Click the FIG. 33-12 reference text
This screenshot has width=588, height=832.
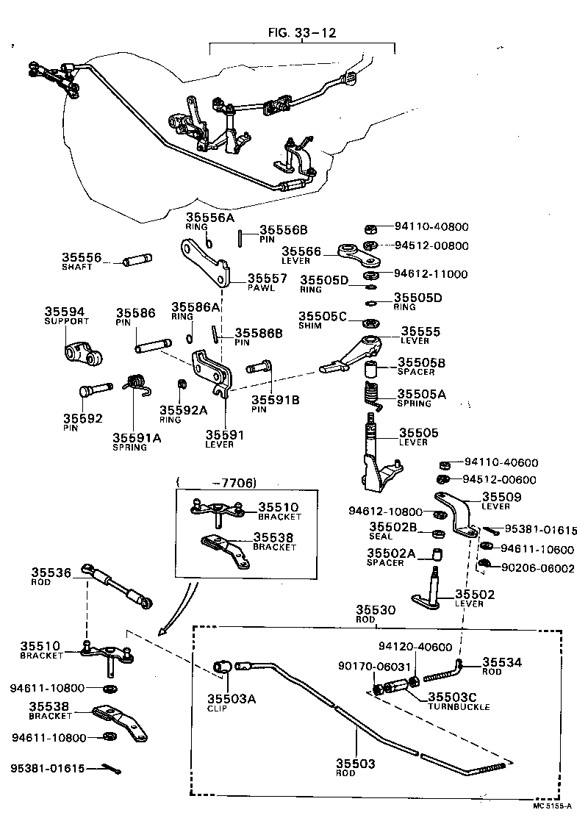[302, 32]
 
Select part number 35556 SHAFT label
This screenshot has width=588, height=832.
[79, 262]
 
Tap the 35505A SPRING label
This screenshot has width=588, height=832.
[421, 398]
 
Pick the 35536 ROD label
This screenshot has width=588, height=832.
[52, 577]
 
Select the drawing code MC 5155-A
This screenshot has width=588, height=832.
[558, 805]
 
